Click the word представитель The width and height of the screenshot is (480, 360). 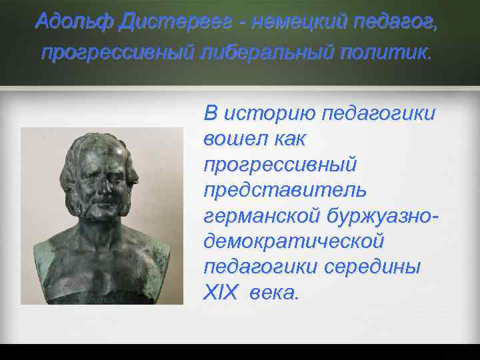(285, 189)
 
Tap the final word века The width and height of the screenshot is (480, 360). (274, 291)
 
